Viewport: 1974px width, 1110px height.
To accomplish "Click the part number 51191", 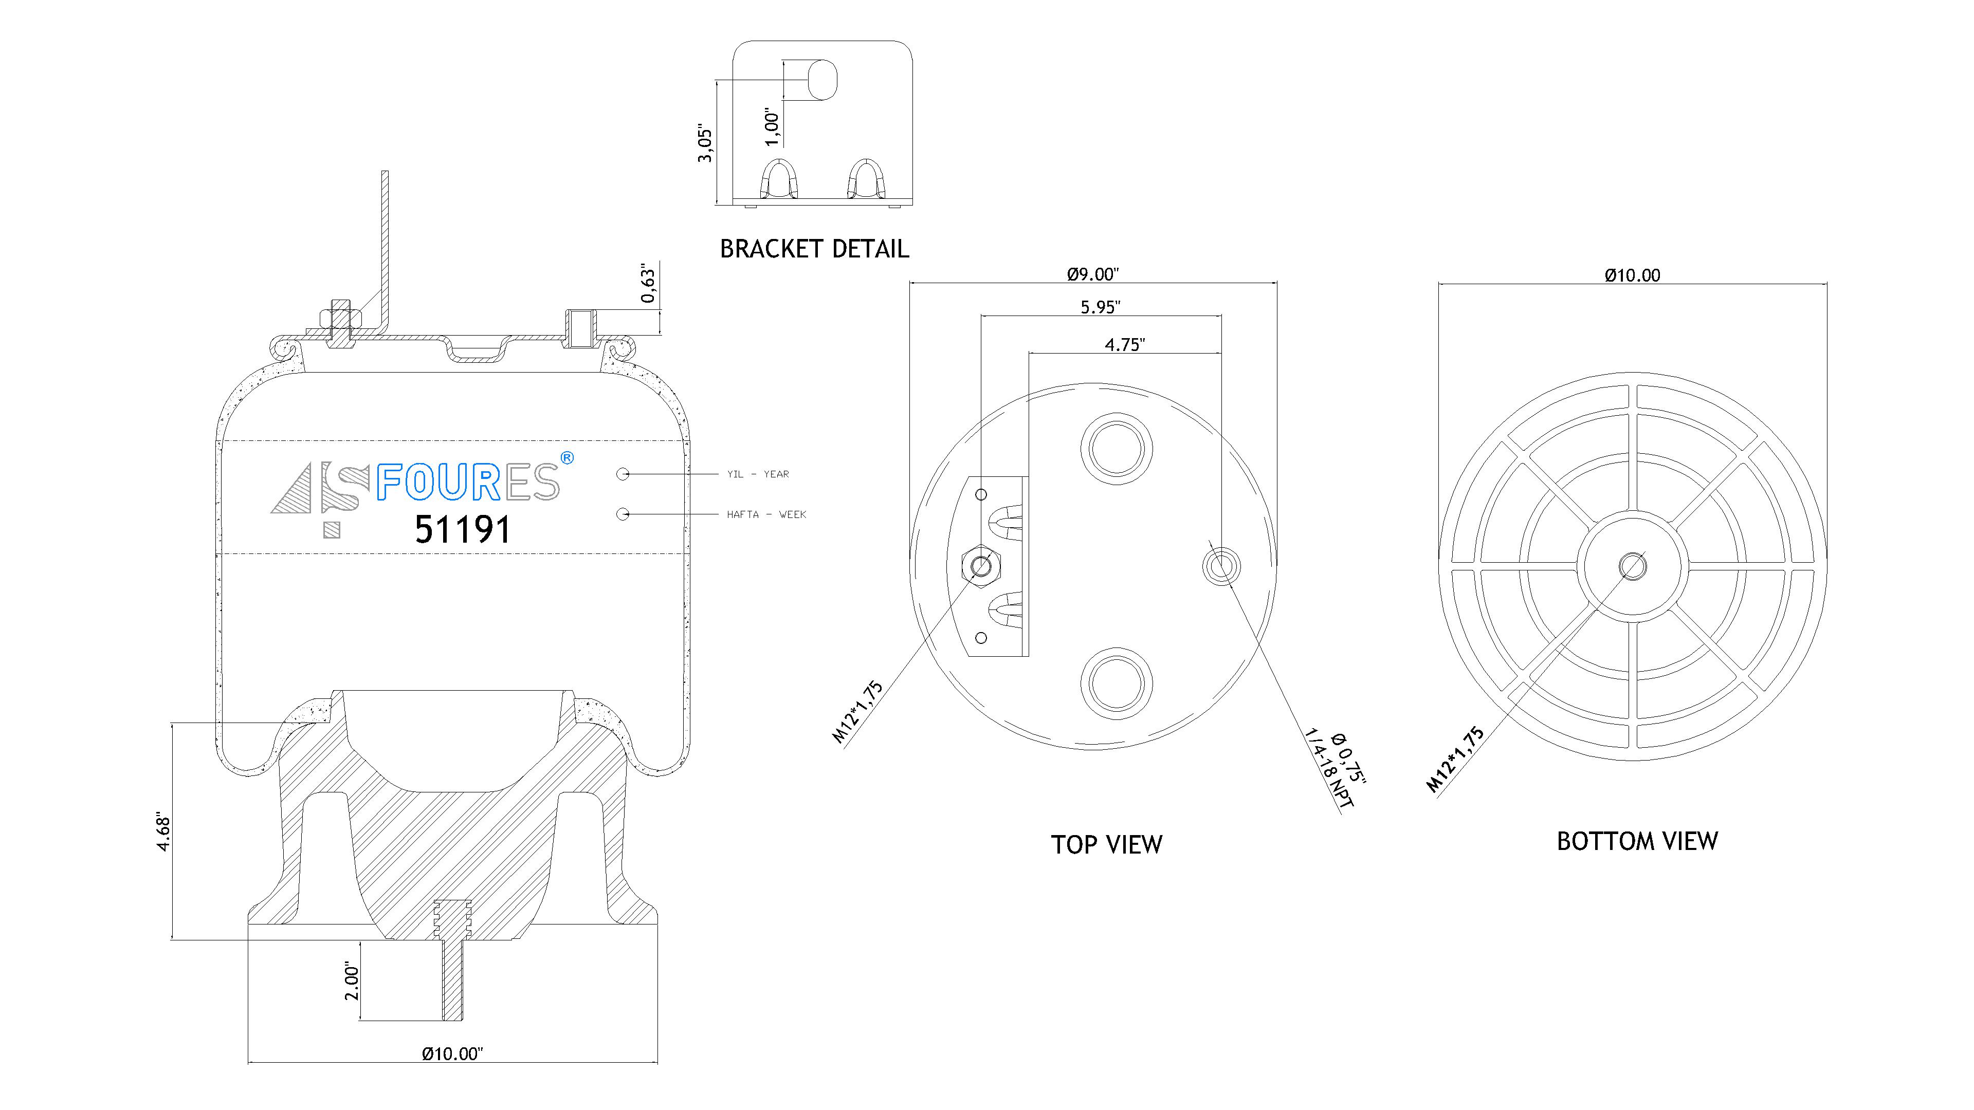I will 462,529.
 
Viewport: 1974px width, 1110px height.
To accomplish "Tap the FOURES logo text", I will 467,483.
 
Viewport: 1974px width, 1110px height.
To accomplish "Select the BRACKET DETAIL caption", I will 814,249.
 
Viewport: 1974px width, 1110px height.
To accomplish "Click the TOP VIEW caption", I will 1106,845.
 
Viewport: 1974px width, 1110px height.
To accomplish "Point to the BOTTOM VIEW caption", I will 1637,842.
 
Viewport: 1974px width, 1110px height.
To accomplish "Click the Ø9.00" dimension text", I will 1093,273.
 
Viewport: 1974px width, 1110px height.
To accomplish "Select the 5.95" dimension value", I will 1101,307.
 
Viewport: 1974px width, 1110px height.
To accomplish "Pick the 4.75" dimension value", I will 1124,345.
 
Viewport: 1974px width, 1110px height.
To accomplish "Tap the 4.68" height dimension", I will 162,832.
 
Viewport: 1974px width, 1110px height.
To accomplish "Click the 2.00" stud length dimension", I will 352,982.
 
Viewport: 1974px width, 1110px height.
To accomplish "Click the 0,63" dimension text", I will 648,284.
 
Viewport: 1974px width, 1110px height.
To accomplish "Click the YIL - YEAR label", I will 758,474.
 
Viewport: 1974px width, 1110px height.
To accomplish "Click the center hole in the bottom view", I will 1632,567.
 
